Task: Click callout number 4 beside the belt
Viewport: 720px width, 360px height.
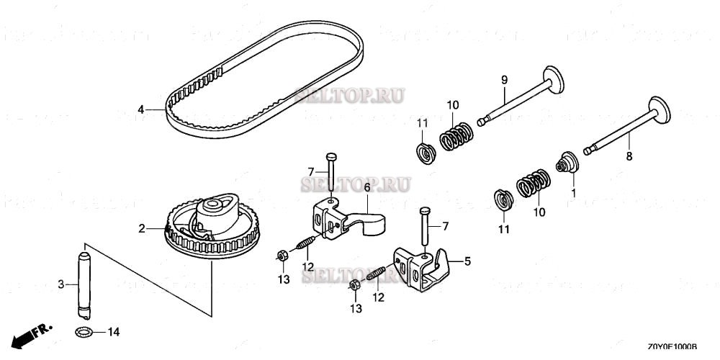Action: (141, 109)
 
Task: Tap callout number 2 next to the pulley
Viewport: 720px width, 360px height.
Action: (142, 229)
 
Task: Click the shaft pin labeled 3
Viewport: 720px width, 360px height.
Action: (84, 284)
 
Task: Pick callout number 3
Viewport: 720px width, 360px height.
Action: (60, 285)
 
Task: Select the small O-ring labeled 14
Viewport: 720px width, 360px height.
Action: (84, 332)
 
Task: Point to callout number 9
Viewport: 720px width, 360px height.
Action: (504, 79)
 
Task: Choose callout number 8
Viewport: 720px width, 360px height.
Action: (628, 154)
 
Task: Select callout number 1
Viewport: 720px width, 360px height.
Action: (574, 193)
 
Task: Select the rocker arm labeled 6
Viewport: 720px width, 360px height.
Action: (346, 216)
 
